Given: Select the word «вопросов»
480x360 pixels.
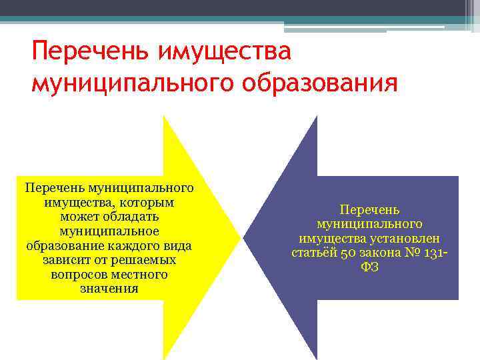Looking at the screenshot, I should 75,274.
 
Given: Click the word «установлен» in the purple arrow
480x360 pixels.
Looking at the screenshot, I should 412,239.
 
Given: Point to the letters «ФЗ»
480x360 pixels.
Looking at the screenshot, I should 370,268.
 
